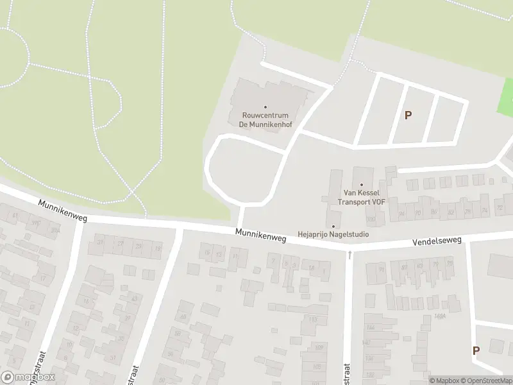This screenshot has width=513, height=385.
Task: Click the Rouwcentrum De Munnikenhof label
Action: pyautogui.click(x=265, y=120)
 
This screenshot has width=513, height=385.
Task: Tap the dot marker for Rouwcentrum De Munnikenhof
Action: pyautogui.click(x=265, y=107)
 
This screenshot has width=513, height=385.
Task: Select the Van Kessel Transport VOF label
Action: pyautogui.click(x=362, y=197)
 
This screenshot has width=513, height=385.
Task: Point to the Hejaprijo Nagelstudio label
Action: pyautogui.click(x=333, y=235)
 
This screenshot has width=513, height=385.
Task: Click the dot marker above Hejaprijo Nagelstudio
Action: pyautogui.click(x=333, y=226)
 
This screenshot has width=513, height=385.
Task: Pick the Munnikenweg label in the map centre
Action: pyautogui.click(x=260, y=236)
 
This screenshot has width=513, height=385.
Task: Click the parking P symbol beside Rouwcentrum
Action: pyautogui.click(x=408, y=116)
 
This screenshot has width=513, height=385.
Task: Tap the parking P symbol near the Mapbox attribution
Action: pyautogui.click(x=476, y=351)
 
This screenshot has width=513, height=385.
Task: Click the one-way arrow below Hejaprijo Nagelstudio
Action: pyautogui.click(x=349, y=255)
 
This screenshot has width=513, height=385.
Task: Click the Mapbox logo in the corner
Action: pyautogui.click(x=28, y=377)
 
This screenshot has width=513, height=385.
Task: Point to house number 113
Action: pyautogui.click(x=313, y=319)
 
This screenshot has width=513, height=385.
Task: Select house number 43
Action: pyautogui.click(x=134, y=299)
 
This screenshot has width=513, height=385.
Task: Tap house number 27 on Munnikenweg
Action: pyautogui.click(x=120, y=244)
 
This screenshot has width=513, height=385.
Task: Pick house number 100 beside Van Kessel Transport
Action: pyautogui.click(x=371, y=219)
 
